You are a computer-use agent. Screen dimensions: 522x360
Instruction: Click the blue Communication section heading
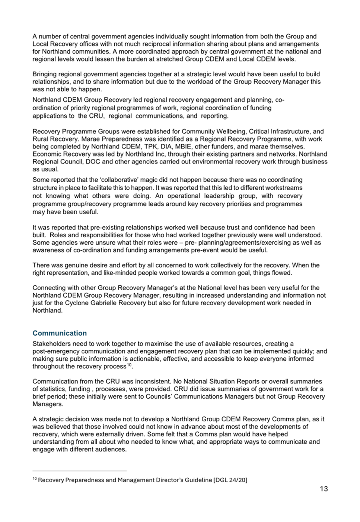(x=60, y=333)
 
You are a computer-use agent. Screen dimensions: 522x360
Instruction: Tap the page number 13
(x=324, y=489)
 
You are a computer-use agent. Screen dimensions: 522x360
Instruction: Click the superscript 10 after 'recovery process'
(x=129, y=365)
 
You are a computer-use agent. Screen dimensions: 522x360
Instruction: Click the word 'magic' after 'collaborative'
(x=139, y=180)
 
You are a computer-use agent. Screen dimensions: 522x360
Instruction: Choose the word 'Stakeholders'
(x=50, y=344)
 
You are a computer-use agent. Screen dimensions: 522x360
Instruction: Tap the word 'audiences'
(x=111, y=449)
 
